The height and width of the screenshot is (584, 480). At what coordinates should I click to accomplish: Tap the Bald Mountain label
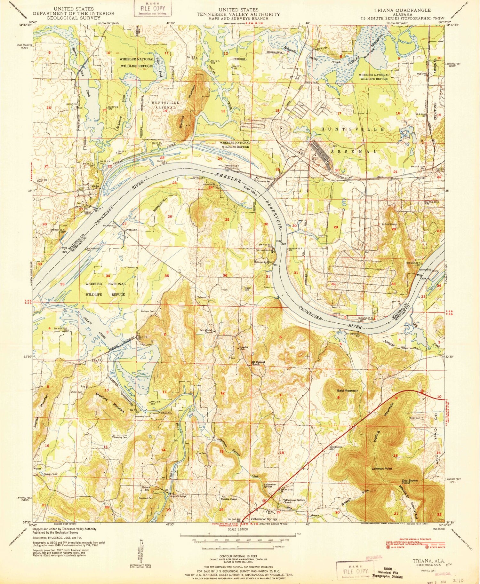tap(347, 391)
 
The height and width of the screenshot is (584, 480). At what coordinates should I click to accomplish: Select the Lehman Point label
tap(382, 468)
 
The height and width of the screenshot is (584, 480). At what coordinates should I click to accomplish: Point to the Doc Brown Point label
tap(410, 482)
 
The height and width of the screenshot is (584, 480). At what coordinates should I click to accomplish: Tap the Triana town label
tap(94, 186)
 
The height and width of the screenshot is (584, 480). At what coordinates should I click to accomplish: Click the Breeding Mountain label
tap(110, 403)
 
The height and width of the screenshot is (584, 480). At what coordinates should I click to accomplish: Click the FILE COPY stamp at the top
tap(153, 8)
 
